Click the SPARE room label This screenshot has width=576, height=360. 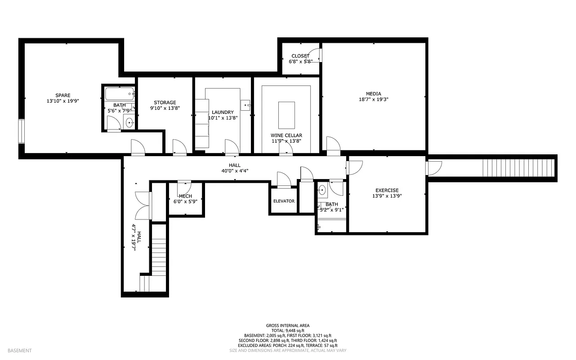63,95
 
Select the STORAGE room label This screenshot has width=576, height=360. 165,102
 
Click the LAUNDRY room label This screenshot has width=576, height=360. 223,112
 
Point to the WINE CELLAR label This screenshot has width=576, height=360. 286,135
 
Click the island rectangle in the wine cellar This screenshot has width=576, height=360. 286,115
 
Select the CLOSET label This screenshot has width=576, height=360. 300,56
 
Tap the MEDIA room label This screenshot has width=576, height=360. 373,94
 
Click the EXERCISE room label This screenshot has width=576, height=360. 387,190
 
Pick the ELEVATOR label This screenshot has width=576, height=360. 284,201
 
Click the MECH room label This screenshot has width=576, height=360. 185,196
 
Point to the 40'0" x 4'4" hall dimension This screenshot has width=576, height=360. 234,171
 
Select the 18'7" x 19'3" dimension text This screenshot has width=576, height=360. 373,99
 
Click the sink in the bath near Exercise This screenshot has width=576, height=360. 322,190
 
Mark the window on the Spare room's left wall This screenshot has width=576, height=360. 21,131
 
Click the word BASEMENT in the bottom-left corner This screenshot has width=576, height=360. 20,351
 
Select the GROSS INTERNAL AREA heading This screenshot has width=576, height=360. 287,325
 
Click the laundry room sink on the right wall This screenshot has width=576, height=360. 246,105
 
